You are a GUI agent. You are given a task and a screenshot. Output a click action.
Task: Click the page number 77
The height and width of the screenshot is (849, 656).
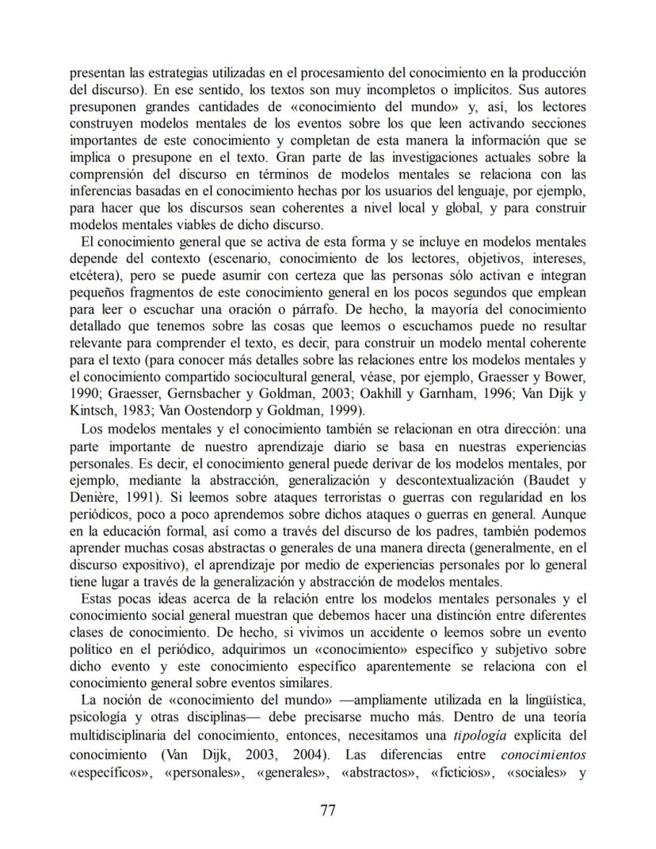328,810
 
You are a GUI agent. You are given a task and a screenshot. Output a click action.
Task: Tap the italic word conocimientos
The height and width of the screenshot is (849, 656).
543,753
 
